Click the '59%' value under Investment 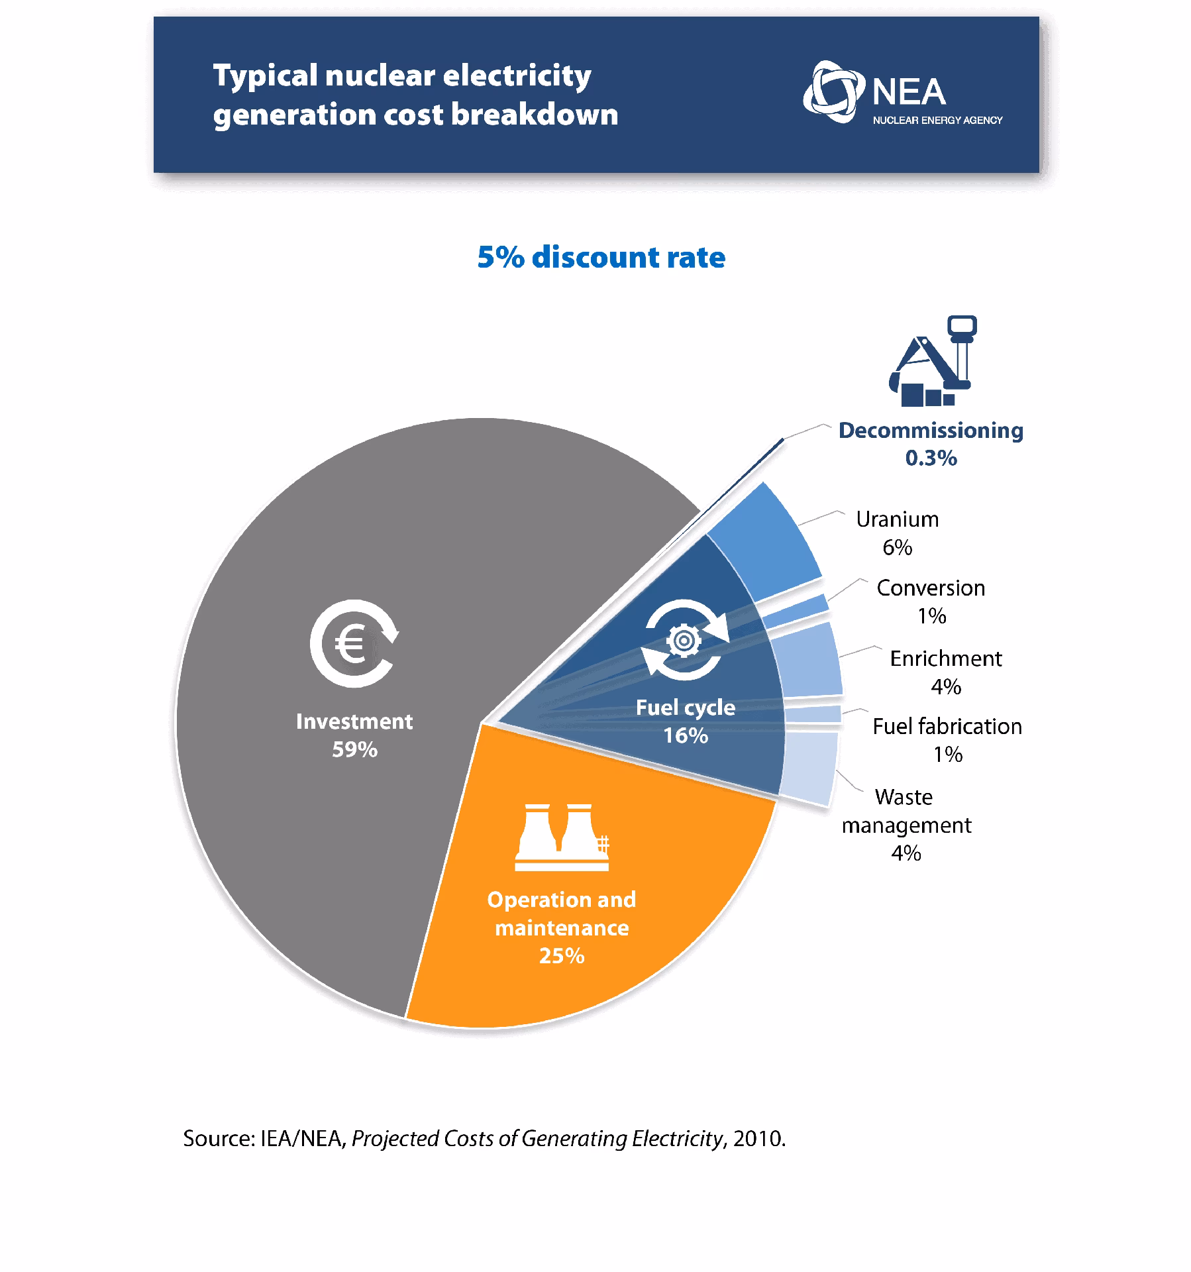[354, 749]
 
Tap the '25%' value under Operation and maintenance [561, 955]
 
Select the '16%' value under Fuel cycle [686, 735]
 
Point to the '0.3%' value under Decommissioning [931, 458]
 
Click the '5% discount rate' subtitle [601, 257]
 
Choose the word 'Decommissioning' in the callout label [931, 430]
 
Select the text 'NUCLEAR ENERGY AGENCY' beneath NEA [937, 121]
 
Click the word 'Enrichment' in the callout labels [945, 658]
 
